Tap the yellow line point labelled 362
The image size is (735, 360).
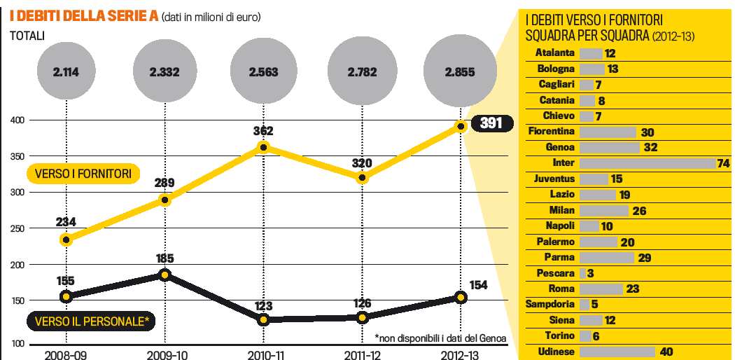tap(263, 147)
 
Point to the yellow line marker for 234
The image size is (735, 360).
tap(66, 240)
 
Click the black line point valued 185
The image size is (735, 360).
tap(164, 275)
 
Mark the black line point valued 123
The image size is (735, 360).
tap(263, 319)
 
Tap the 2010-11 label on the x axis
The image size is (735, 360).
tap(263, 353)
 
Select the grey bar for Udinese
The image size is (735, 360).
tap(617, 352)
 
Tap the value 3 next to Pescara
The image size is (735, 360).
tap(591, 273)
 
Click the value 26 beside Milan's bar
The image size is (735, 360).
tap(638, 210)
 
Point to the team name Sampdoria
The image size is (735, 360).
tap(550, 304)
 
